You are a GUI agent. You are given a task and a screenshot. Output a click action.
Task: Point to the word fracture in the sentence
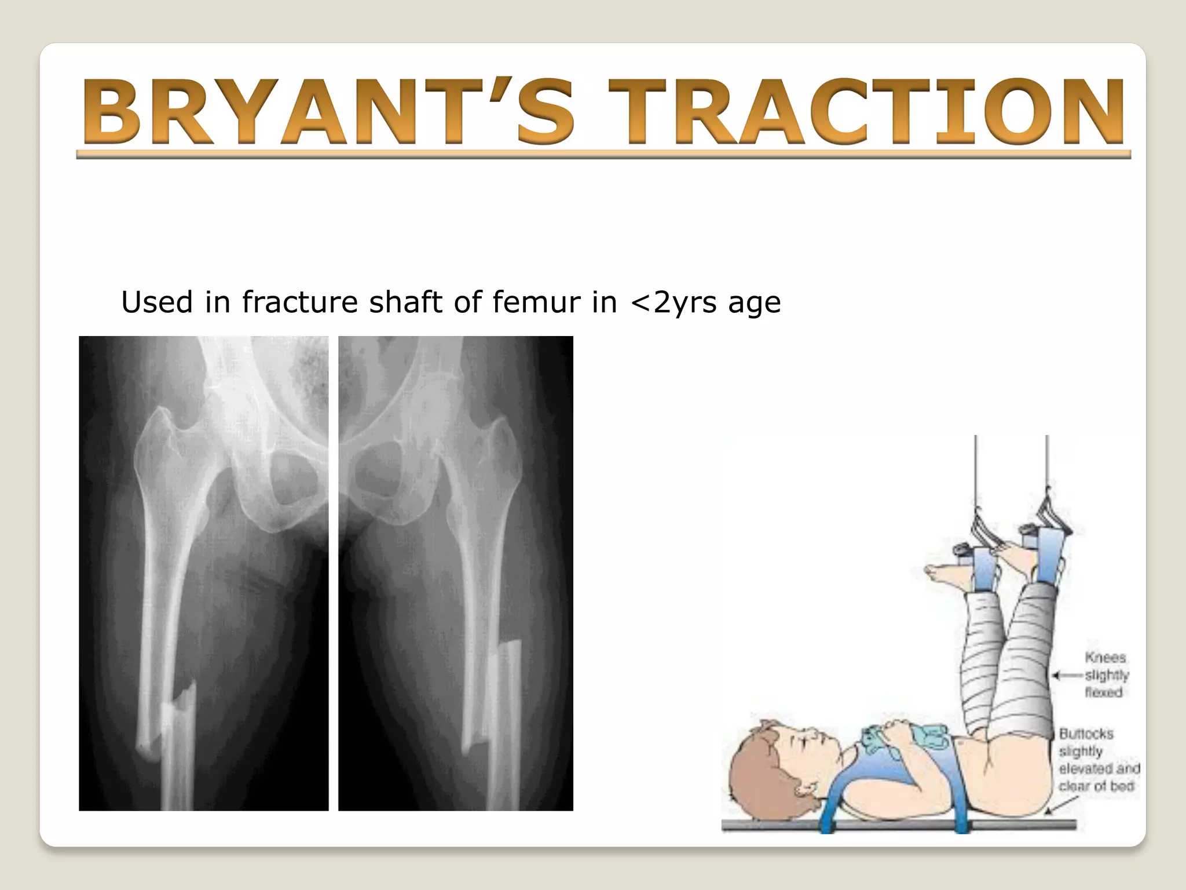click(300, 302)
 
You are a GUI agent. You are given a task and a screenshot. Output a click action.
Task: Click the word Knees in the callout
click(1105, 658)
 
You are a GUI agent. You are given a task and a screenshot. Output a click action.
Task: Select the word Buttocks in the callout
click(1086, 734)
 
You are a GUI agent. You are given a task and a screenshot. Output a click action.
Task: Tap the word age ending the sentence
click(754, 302)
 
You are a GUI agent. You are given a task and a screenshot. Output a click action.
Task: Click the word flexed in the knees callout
click(1104, 692)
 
